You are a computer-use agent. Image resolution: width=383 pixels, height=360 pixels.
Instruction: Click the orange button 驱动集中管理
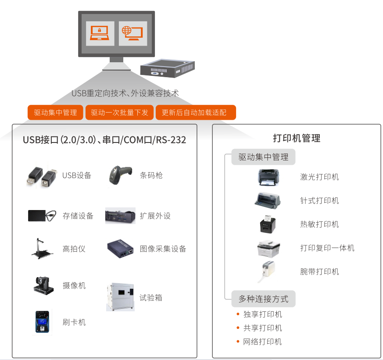(x=55, y=113)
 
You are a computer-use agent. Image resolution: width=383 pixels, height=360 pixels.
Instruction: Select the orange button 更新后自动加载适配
(x=196, y=113)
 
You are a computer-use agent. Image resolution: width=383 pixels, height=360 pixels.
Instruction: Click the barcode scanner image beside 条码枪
(x=119, y=175)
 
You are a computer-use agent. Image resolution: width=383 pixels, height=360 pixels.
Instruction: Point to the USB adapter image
(x=41, y=175)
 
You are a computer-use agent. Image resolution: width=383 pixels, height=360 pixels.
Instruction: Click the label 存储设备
(x=78, y=216)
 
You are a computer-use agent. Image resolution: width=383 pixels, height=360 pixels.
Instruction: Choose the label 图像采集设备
(x=163, y=249)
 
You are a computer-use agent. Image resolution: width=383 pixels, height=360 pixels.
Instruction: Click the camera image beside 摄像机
(x=43, y=285)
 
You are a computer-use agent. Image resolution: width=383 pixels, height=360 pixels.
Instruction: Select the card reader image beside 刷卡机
(x=43, y=322)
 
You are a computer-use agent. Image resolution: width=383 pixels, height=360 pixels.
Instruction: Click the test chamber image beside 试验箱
(x=120, y=297)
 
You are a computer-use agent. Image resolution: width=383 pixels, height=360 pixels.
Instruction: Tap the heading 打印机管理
(x=297, y=139)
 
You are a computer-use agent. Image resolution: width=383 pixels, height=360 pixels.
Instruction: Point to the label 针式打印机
(x=319, y=201)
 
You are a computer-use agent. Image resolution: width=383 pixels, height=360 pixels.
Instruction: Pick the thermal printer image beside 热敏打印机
(x=268, y=225)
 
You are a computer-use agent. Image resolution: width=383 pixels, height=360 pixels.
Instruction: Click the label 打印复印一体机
(x=327, y=248)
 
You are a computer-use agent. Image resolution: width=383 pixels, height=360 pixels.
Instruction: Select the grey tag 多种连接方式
(x=263, y=299)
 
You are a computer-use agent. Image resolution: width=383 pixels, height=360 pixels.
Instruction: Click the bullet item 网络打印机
(x=262, y=342)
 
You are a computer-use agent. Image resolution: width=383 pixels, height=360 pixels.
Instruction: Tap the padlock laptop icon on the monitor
(x=100, y=33)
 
